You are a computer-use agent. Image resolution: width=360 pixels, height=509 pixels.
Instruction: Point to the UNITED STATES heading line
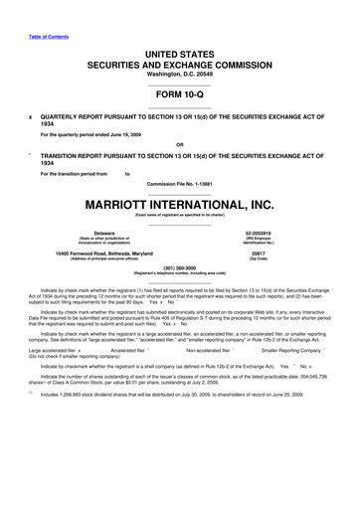pyautogui.click(x=180, y=50)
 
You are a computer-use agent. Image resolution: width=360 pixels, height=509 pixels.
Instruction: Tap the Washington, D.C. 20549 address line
pyautogui.click(x=180, y=75)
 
